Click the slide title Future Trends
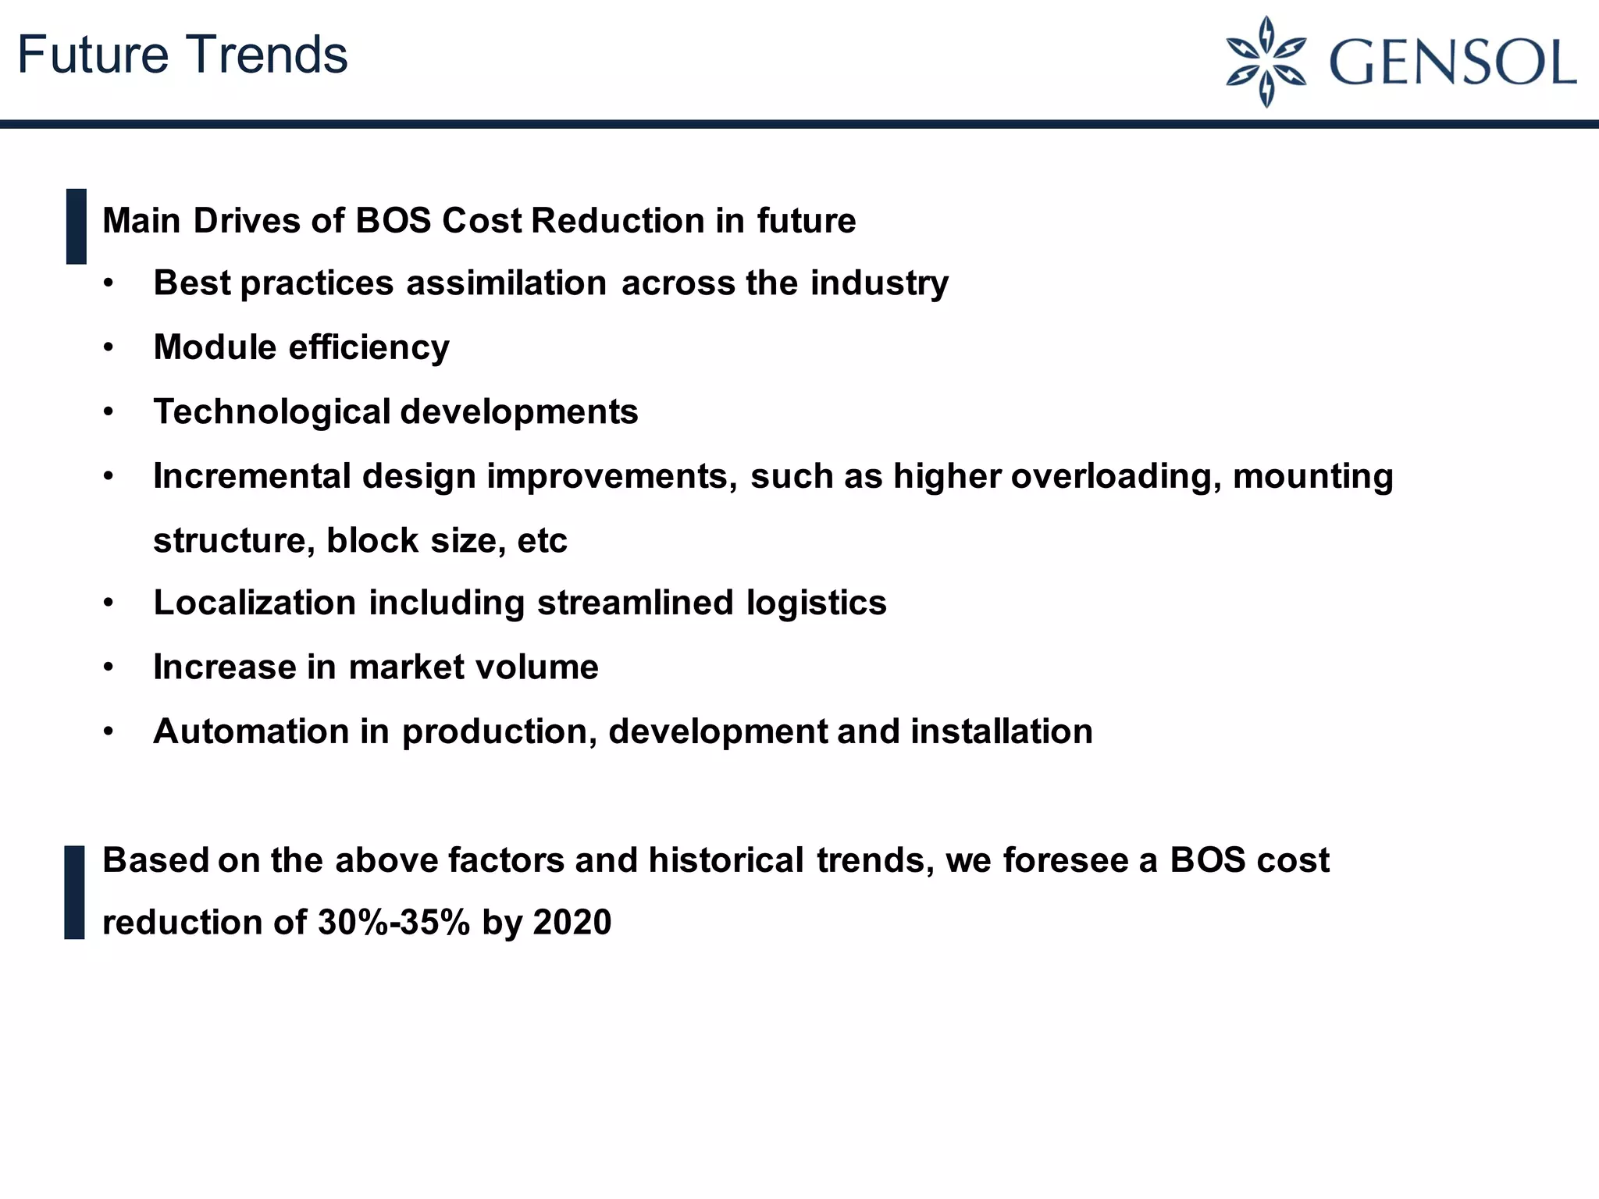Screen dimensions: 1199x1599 point(182,55)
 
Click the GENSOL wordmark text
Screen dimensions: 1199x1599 point(1451,62)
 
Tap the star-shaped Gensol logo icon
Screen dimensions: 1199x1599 point(1266,62)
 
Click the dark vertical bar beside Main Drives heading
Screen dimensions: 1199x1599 point(77,226)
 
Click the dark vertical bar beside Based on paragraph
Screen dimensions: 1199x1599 point(75,891)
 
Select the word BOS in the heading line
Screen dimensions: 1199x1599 point(393,221)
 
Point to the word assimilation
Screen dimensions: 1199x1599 point(506,283)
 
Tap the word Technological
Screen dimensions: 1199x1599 point(272,412)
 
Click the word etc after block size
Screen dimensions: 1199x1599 point(542,541)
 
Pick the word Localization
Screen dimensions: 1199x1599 point(255,603)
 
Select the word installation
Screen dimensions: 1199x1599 point(1001,731)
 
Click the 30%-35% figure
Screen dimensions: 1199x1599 point(394,923)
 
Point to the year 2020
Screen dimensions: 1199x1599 point(572,923)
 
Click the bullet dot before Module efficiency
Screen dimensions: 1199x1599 point(109,347)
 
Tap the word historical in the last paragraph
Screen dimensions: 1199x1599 point(725,860)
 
